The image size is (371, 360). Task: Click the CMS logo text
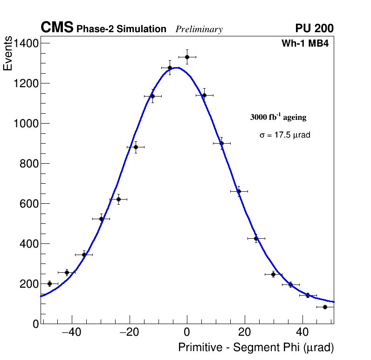[57, 28]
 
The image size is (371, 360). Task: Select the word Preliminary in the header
[199, 29]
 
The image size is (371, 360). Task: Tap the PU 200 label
[314, 28]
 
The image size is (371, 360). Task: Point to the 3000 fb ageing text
[278, 117]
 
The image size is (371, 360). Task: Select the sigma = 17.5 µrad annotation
[285, 135]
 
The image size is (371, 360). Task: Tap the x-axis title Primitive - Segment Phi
[256, 348]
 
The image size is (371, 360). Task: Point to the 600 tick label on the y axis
[29, 204]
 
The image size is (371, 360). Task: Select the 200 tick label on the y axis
[29, 284]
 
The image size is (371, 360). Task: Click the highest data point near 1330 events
[187, 57]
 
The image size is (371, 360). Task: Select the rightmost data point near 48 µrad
[325, 307]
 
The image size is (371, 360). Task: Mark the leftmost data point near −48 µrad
[49, 284]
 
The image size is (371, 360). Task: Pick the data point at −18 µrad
[136, 147]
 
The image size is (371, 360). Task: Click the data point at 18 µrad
[239, 191]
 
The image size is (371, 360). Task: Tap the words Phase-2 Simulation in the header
[121, 29]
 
